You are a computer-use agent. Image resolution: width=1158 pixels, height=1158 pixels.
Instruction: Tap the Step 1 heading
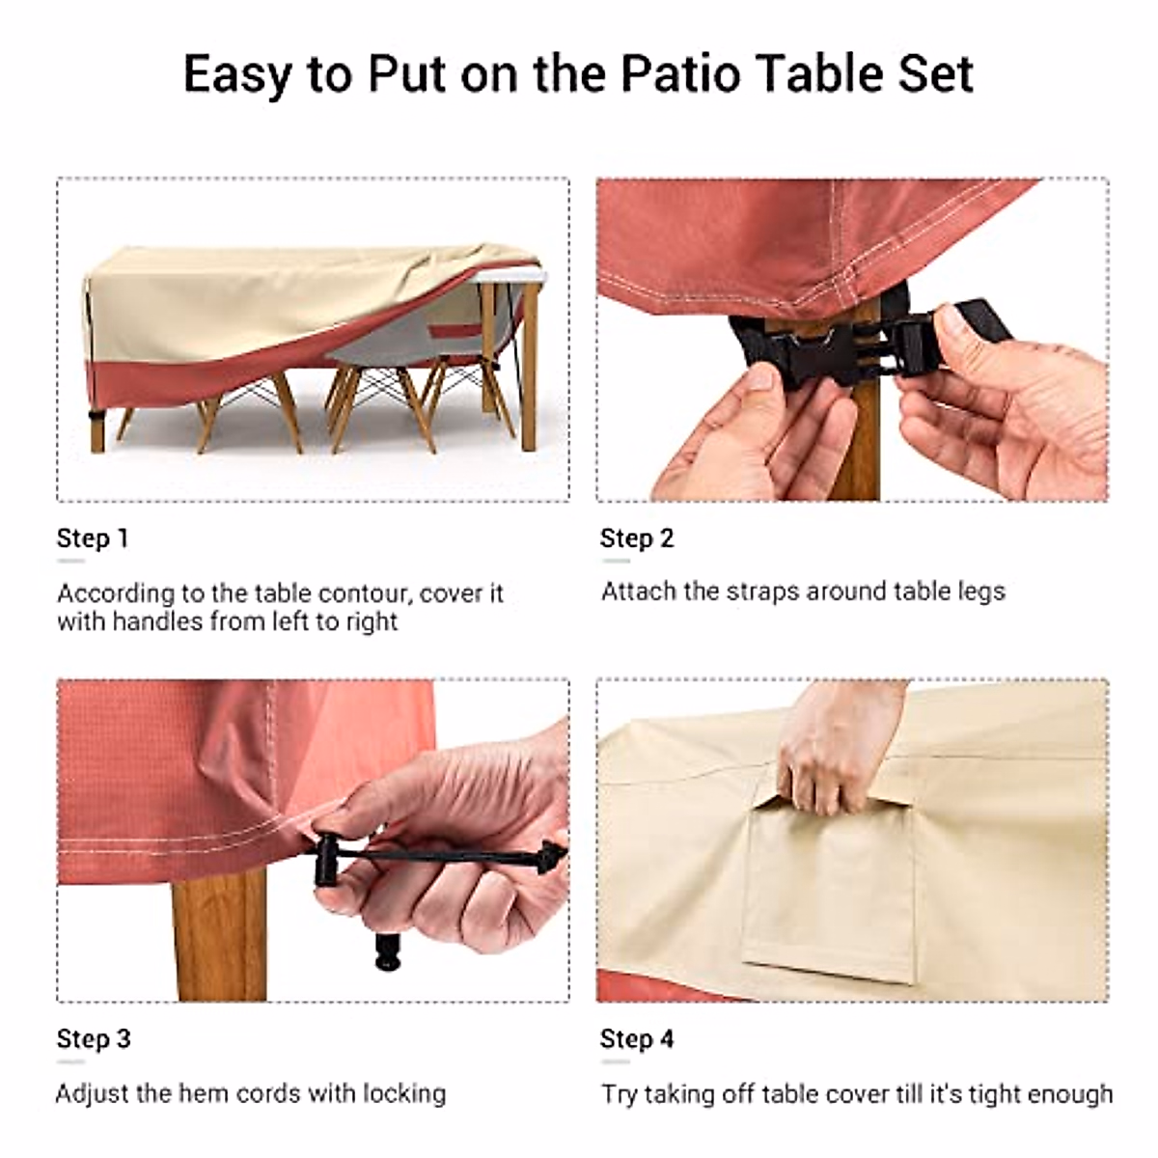(x=93, y=538)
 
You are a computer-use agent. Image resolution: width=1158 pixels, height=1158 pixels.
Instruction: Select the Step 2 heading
(x=637, y=538)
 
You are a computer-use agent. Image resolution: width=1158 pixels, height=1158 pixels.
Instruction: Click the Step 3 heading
(x=94, y=1039)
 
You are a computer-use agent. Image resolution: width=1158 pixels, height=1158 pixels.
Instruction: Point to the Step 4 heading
(x=637, y=1039)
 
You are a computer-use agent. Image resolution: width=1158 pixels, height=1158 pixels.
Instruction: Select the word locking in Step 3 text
(x=404, y=1093)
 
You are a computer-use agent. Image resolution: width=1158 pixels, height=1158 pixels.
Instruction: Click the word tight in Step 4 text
(x=978, y=1094)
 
